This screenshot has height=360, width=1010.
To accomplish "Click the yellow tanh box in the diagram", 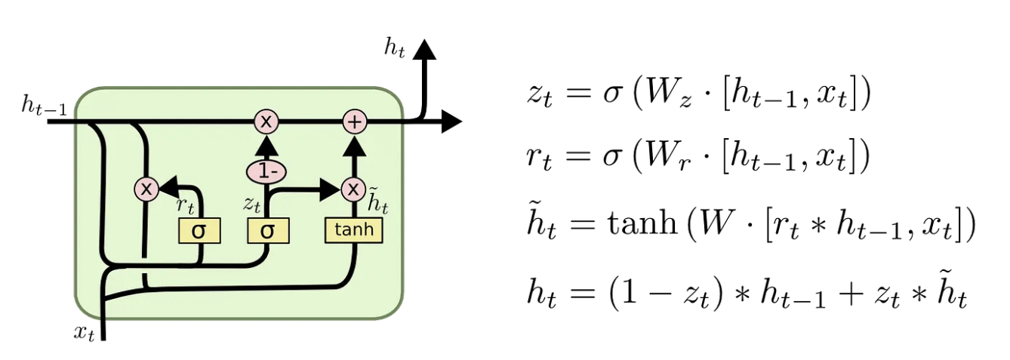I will [353, 230].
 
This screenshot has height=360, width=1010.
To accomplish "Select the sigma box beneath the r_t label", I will [199, 231].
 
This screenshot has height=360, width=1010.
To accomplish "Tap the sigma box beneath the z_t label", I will [268, 231].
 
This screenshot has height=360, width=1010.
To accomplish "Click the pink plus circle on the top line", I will [354, 121].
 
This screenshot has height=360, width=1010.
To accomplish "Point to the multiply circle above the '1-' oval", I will [266, 121].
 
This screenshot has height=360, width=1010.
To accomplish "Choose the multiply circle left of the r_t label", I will [146, 189].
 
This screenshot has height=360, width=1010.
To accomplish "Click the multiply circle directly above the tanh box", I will [353, 189].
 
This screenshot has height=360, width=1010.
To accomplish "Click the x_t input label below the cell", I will [84, 333].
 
